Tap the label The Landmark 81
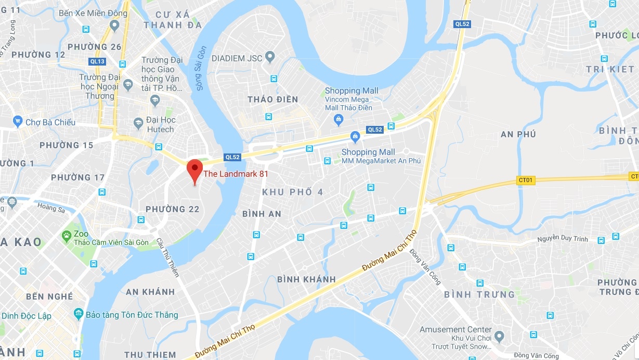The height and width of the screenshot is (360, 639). [236, 174]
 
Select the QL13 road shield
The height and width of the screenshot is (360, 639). [97, 61]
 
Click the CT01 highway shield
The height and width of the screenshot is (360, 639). [525, 180]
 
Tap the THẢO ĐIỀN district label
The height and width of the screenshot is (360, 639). [272, 99]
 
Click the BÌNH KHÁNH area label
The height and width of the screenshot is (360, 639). [306, 279]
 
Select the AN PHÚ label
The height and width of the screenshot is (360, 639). [518, 134]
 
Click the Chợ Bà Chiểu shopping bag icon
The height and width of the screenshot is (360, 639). [18, 122]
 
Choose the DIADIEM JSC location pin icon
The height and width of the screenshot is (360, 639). [270, 56]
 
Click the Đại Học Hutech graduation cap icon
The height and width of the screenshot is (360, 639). [138, 123]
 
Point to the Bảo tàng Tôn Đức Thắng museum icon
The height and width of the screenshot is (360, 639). [79, 314]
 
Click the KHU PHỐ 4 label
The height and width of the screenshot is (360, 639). [292, 192]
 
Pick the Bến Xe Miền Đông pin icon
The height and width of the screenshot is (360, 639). [115, 25]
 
